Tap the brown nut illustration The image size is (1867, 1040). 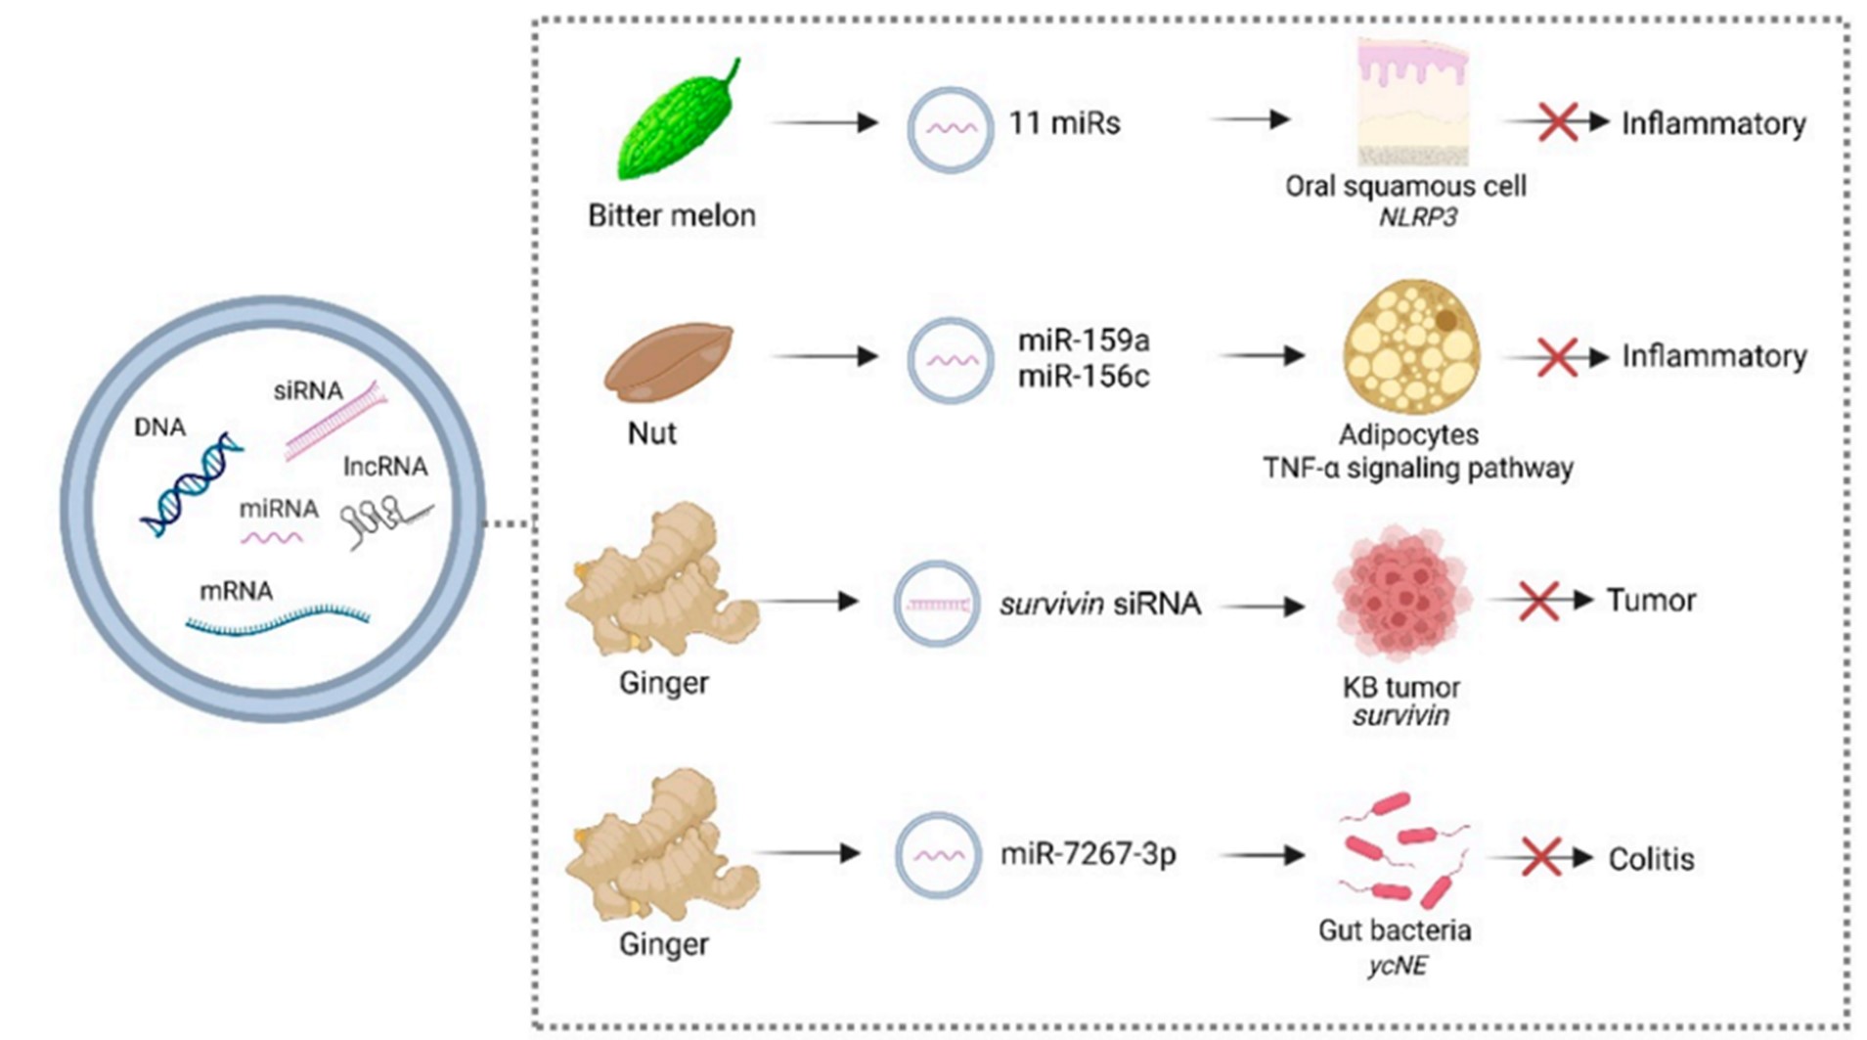tap(668, 362)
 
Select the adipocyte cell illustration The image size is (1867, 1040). tap(1411, 347)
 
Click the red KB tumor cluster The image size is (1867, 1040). tap(1401, 599)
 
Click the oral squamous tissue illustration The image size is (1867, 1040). tap(1412, 103)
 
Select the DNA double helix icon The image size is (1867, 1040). tap(191, 484)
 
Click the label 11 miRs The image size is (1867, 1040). tap(1064, 124)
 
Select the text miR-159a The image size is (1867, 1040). tap(1084, 340)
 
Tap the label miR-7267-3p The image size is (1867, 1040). tap(1088, 855)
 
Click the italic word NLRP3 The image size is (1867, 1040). tap(1417, 217)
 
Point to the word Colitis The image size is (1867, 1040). tap(1651, 859)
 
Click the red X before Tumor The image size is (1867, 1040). tap(1538, 600)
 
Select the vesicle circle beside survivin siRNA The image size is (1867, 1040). tap(937, 604)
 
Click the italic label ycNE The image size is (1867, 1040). tap(1397, 967)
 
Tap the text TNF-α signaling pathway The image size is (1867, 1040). tap(1417, 469)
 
